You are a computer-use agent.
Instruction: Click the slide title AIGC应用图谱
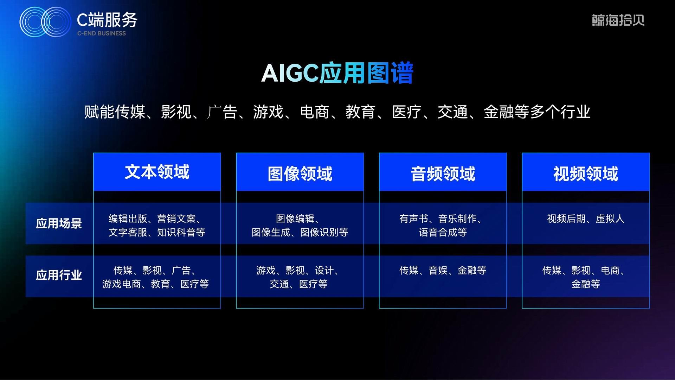click(x=337, y=73)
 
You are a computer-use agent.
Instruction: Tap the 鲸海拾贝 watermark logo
click(x=618, y=20)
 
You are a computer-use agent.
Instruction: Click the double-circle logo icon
click(x=46, y=22)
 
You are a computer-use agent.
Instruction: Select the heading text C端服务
click(x=107, y=20)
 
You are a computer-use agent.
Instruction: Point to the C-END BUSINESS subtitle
click(x=102, y=33)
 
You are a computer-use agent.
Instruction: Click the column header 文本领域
click(x=157, y=172)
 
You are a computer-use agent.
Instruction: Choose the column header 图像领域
click(x=300, y=174)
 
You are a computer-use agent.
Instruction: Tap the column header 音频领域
click(x=443, y=174)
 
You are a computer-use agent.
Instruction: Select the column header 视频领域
click(x=586, y=174)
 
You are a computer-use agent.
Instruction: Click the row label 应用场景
click(x=59, y=223)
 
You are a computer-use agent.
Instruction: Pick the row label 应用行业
click(x=59, y=275)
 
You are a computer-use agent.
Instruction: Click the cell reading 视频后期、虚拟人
click(x=586, y=219)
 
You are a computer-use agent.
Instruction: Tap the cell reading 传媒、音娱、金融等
click(x=443, y=271)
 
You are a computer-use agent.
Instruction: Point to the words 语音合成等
click(x=443, y=233)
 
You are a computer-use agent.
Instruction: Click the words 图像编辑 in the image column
click(x=295, y=219)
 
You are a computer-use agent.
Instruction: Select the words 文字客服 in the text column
click(x=128, y=233)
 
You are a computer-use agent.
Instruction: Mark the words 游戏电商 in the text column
click(x=121, y=284)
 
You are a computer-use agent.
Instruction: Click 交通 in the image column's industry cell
click(x=279, y=284)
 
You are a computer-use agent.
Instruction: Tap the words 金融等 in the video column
click(x=586, y=284)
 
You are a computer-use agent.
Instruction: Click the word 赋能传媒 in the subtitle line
click(x=115, y=112)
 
